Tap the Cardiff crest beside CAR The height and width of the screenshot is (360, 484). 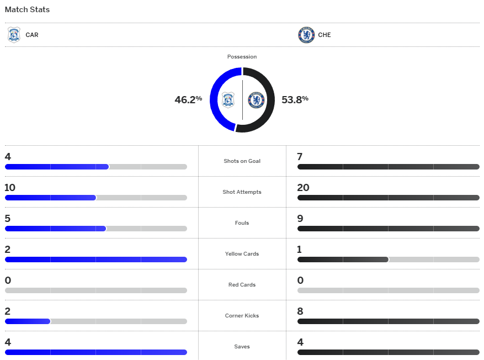click(x=14, y=35)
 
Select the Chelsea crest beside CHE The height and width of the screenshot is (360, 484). click(x=306, y=35)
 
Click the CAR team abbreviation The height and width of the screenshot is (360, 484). click(x=32, y=35)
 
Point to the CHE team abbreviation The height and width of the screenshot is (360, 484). click(x=325, y=35)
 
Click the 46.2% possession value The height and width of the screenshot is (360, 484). click(x=188, y=100)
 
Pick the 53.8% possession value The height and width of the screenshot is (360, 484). click(x=295, y=99)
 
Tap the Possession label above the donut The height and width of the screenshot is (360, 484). click(x=242, y=57)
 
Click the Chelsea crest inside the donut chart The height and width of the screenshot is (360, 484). click(x=256, y=100)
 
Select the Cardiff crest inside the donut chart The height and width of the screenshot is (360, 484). click(x=228, y=100)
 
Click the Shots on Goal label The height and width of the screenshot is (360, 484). click(x=242, y=161)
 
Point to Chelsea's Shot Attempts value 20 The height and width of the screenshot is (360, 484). click(x=303, y=188)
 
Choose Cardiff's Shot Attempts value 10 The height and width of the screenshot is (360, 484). click(x=10, y=188)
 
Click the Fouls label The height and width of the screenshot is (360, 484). click(x=242, y=223)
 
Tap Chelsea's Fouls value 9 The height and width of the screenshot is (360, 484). click(x=300, y=219)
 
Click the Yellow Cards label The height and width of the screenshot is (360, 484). click(x=242, y=254)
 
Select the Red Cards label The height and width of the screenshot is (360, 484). click(x=242, y=285)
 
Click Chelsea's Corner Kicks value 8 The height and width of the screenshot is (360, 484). click(x=300, y=311)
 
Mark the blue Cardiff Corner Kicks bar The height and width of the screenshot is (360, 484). click(x=28, y=321)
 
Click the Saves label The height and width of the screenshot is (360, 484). click(x=242, y=347)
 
